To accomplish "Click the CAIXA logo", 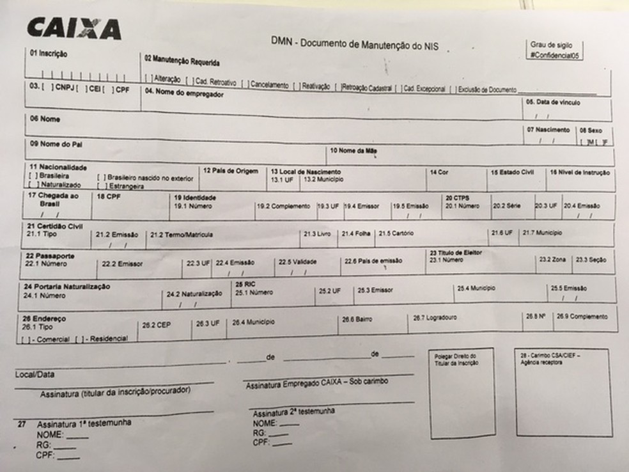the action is coord(74,28).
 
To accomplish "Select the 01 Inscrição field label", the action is coord(49,53).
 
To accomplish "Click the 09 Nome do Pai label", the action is coord(56,144).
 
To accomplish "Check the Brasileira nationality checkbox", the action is coord(31,175).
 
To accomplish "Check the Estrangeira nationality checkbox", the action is coord(100,186).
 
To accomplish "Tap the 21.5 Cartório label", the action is coord(396,233).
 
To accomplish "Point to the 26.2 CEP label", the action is coord(156,325).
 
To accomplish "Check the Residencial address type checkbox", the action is coord(79,338).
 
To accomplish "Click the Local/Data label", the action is coord(34,374).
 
